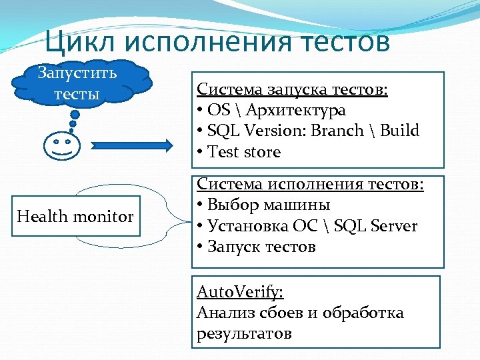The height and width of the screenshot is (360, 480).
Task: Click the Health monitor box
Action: (x=75, y=216)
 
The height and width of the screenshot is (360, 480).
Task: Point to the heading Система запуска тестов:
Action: (x=293, y=89)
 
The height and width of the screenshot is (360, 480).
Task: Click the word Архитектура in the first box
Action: (x=304, y=110)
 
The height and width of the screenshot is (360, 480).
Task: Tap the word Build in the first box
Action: (x=399, y=131)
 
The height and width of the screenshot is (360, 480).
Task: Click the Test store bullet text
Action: (x=244, y=151)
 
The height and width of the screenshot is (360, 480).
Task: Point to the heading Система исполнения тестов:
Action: (x=310, y=184)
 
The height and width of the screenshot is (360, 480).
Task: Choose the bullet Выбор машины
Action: (x=269, y=205)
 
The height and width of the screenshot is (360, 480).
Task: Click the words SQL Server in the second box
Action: (x=376, y=226)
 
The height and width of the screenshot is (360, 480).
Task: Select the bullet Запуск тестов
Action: (x=261, y=247)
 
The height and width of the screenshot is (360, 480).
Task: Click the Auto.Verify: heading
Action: (x=239, y=292)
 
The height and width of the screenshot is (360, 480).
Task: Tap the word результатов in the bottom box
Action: (x=244, y=333)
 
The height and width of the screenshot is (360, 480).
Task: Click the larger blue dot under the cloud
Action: (x=75, y=115)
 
